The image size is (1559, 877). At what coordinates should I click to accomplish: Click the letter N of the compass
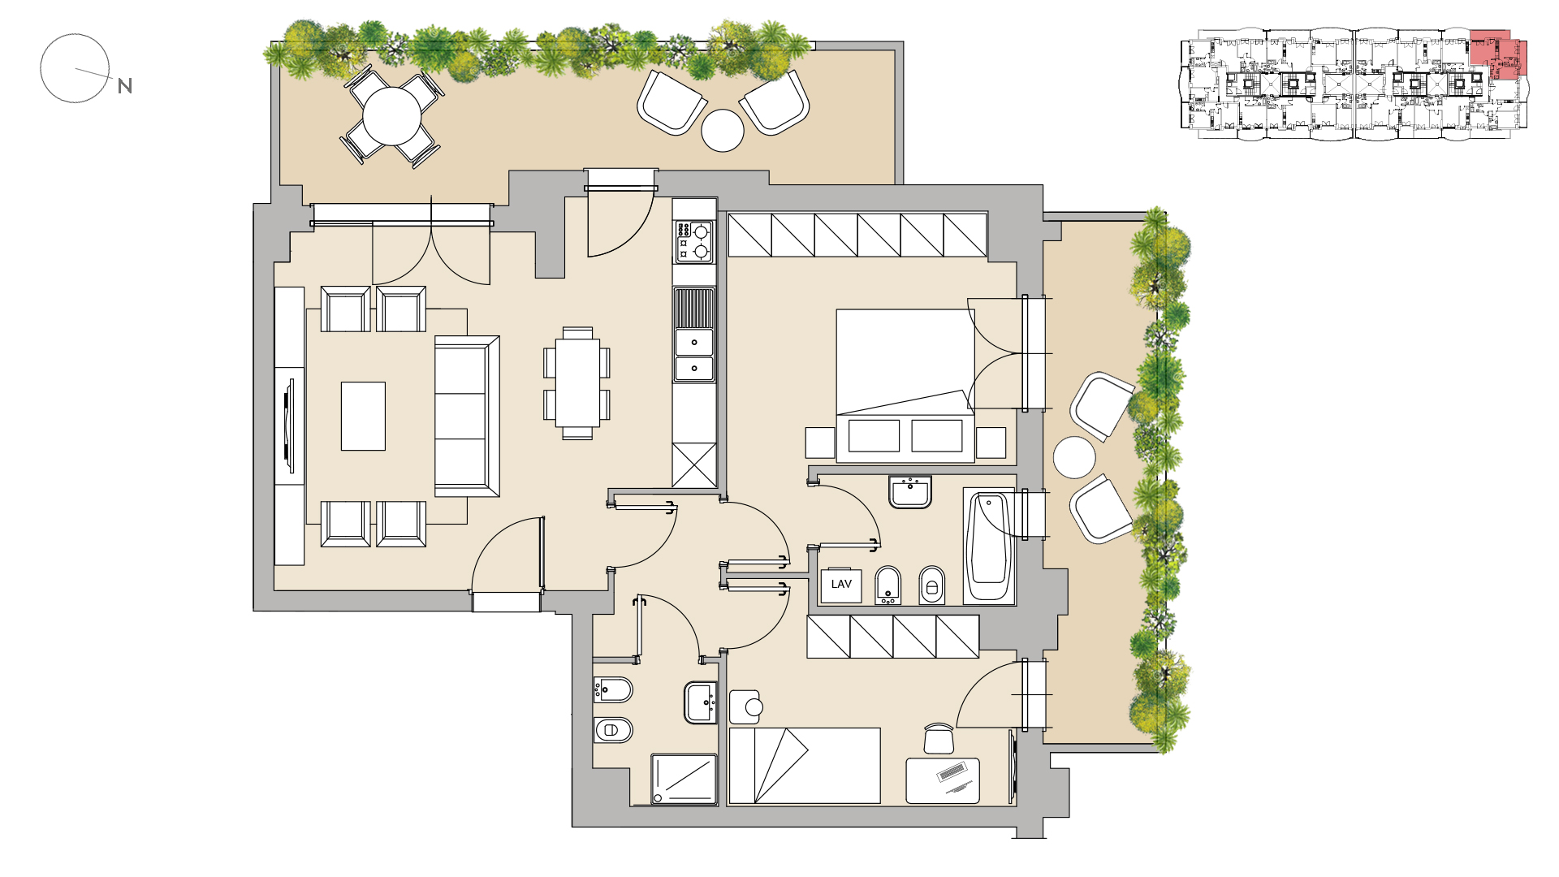[125, 86]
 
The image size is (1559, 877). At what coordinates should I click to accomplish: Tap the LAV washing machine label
[841, 585]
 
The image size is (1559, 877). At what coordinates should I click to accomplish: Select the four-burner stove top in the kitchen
[694, 242]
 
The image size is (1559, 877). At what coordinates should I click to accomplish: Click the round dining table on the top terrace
[392, 116]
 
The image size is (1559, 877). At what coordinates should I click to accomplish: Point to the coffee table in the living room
[363, 416]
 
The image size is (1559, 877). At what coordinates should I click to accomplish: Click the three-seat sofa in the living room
[467, 416]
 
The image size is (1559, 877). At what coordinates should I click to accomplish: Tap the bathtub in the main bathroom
[988, 546]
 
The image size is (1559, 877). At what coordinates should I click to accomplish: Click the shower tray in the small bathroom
[684, 780]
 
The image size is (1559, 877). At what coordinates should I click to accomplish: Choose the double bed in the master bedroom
[905, 386]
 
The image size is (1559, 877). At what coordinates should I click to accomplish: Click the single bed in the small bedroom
[805, 766]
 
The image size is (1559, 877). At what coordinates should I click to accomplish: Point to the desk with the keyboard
[943, 780]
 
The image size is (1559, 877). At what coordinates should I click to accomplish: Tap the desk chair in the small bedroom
[939, 739]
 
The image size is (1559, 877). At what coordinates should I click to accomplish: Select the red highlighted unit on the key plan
[1499, 55]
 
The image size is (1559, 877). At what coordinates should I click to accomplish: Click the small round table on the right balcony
[1074, 458]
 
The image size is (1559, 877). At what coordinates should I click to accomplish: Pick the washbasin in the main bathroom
[910, 492]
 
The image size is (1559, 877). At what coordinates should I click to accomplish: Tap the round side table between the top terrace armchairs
[723, 130]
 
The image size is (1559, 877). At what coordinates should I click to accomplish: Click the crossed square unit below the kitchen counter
[694, 465]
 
